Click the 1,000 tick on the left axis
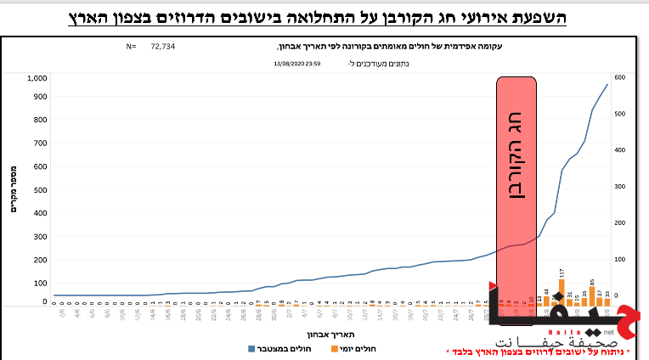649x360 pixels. pos(37,78)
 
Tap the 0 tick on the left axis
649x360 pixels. pos(45,301)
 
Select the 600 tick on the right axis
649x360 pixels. pos(620,77)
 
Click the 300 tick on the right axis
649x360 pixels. pos(620,187)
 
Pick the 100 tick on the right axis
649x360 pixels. pos(620,260)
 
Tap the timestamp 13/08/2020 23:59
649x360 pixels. pos(296,63)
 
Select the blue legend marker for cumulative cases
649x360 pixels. pos(251,349)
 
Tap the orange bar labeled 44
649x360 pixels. pos(546,296)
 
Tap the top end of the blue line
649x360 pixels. pos(607,84)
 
